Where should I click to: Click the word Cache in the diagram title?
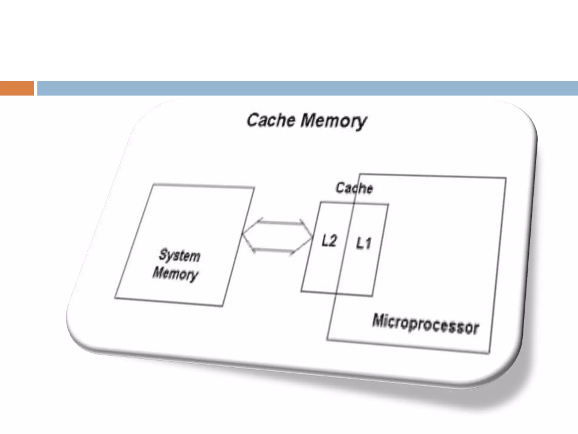[271, 120]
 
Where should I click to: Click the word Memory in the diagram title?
[334, 121]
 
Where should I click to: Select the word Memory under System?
[175, 274]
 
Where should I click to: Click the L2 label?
[329, 241]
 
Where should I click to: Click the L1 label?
[363, 243]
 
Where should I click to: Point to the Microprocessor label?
[426, 324]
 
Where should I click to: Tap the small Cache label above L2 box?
[354, 188]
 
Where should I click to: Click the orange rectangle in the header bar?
[17, 88]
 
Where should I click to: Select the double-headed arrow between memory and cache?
[277, 237]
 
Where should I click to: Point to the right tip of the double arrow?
[312, 239]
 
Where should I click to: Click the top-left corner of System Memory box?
[153, 185]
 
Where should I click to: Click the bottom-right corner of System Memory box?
[222, 306]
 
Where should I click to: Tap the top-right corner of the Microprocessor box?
[506, 178]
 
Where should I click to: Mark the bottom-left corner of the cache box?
[301, 291]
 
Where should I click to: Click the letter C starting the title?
[252, 120]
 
